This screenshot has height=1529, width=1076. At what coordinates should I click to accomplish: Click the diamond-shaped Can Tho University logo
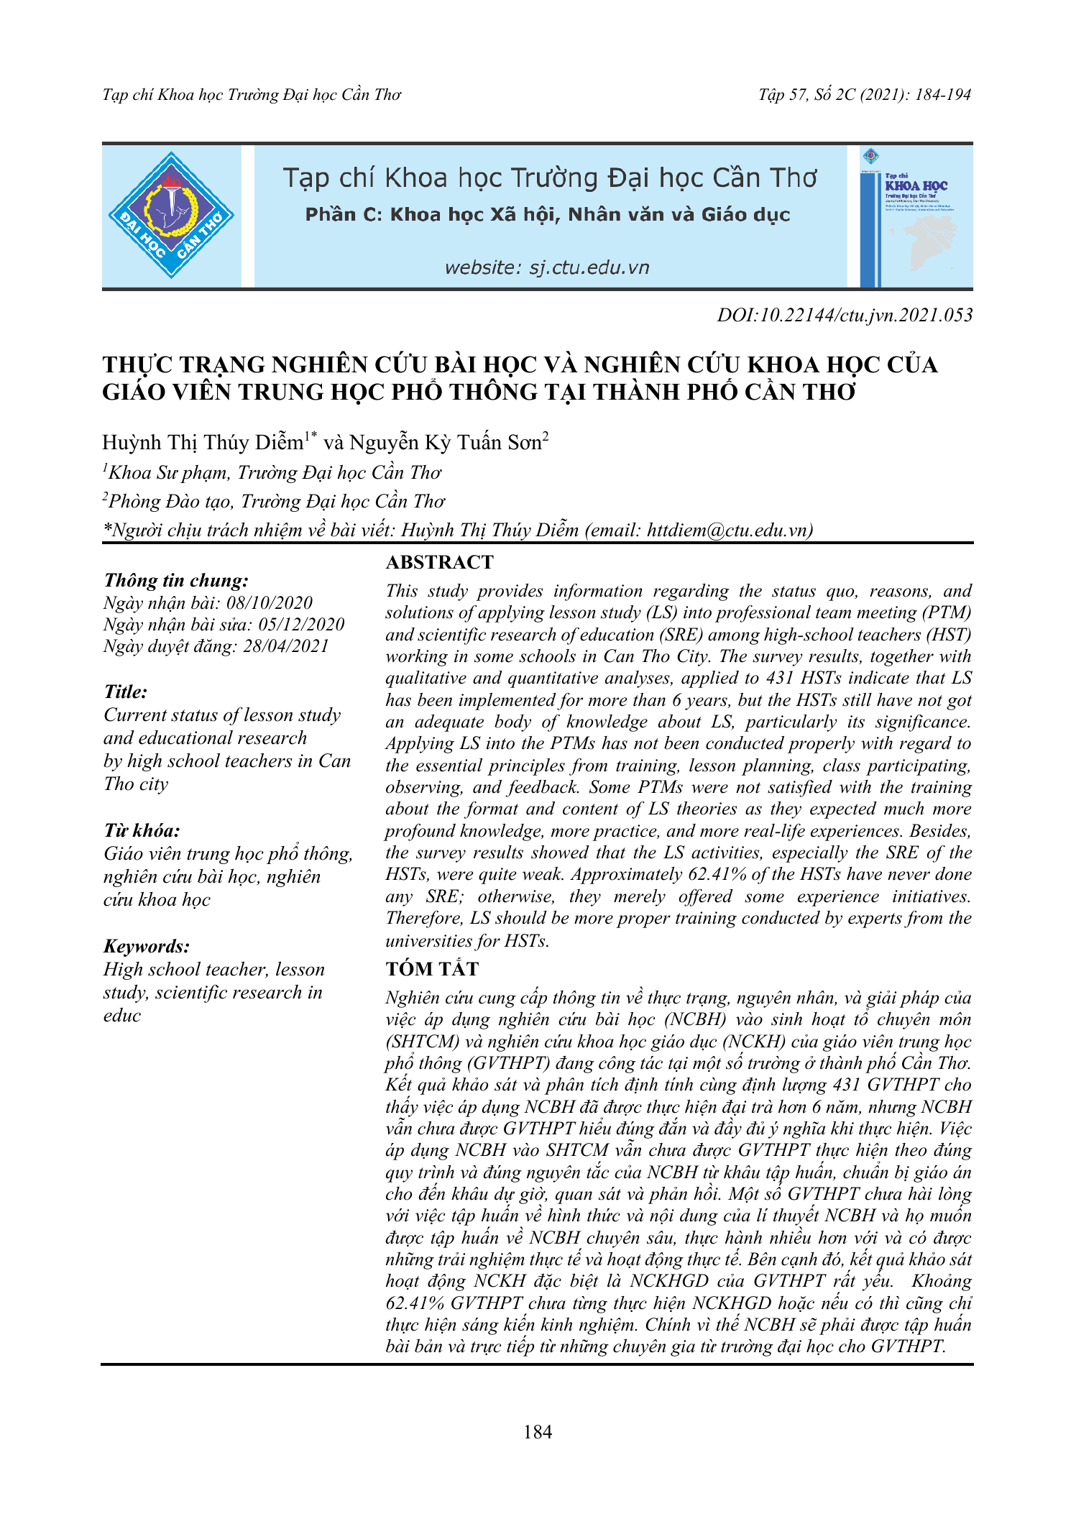click(x=171, y=215)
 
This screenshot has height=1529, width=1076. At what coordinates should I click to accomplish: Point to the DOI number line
click(x=845, y=315)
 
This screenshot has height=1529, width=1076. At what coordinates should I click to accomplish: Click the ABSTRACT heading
click(x=440, y=562)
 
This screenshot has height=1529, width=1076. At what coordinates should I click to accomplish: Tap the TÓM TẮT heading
click(x=432, y=969)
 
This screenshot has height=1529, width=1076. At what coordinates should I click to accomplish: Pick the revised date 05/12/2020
click(x=301, y=624)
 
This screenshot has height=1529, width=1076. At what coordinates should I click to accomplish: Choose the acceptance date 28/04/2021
click(x=285, y=646)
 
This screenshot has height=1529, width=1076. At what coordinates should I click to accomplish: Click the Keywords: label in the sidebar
click(x=147, y=946)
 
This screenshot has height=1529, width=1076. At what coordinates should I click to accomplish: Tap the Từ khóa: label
click(x=142, y=831)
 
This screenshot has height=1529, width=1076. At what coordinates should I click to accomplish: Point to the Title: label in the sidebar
click(x=126, y=692)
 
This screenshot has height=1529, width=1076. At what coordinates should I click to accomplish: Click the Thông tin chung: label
click(x=176, y=580)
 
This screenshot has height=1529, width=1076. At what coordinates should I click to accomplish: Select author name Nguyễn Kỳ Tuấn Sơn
click(x=446, y=442)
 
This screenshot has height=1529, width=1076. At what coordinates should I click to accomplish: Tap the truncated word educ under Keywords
click(x=122, y=1015)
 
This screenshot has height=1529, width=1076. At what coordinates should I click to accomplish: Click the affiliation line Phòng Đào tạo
click(x=273, y=501)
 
